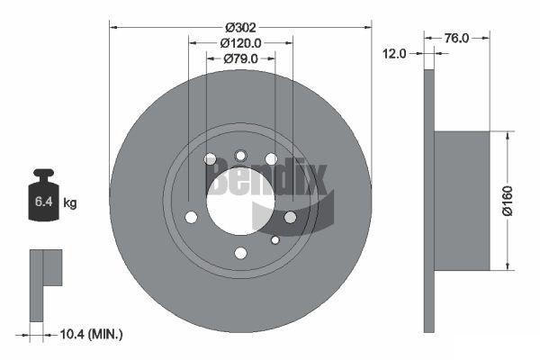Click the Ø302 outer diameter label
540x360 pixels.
pos(240,27)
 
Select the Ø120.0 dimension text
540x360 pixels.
pos(240,43)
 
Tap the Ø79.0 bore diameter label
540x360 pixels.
pos(240,58)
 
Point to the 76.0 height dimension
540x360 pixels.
pos(456,38)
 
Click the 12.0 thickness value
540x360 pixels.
pos(395,54)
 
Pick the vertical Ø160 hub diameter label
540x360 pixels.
pos(508,201)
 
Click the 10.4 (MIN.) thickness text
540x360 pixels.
pos(91,334)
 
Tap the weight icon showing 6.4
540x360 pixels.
pos(44,194)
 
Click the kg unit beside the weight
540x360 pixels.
pos(70,202)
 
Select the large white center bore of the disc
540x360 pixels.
pos(240,201)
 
